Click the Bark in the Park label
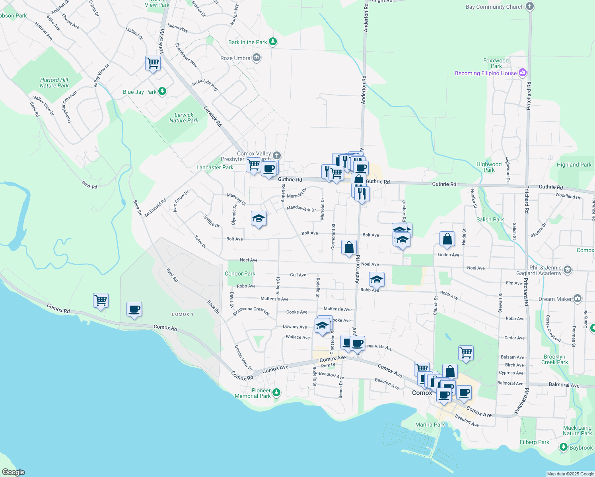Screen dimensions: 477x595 pyautogui.click(x=247, y=42)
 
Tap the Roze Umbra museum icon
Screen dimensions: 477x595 pyautogui.click(x=257, y=58)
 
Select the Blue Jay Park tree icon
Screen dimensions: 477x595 pyautogui.click(x=162, y=92)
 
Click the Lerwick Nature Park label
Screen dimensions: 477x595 pyautogui.click(x=184, y=118)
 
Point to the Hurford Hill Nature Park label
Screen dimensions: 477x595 pyautogui.click(x=54, y=83)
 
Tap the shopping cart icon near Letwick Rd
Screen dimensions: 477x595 pyautogui.click(x=153, y=63)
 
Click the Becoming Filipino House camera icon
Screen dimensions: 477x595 pyautogui.click(x=523, y=73)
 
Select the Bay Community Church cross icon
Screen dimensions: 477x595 pyautogui.click(x=529, y=6)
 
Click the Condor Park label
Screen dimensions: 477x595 pyautogui.click(x=240, y=273)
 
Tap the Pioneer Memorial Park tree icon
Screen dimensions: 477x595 pyautogui.click(x=276, y=393)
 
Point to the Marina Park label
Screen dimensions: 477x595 pyautogui.click(x=430, y=425)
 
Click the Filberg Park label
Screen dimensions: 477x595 pyautogui.click(x=534, y=442)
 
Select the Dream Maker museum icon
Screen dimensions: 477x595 pyautogui.click(x=577, y=299)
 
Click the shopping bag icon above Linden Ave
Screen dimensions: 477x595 pyautogui.click(x=447, y=239)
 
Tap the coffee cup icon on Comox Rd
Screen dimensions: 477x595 pyautogui.click(x=134, y=309)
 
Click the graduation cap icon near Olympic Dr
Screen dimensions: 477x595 pyautogui.click(x=259, y=218)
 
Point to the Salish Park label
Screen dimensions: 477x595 pyautogui.click(x=490, y=219)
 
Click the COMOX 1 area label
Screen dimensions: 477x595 pyautogui.click(x=183, y=314)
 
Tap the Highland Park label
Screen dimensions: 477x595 pyautogui.click(x=574, y=165)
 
